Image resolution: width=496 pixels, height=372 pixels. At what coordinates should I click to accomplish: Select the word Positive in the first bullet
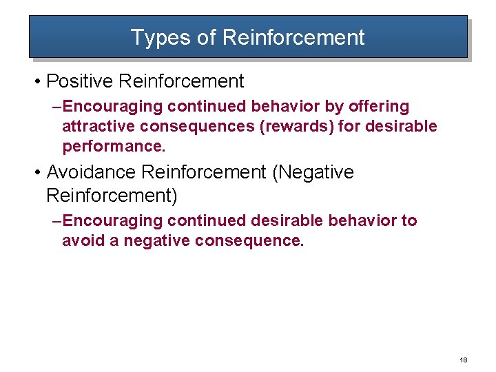coord(79,81)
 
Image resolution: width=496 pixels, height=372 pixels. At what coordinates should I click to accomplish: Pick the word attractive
coord(97,127)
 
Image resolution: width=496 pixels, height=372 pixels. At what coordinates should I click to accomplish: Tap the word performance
coord(114,147)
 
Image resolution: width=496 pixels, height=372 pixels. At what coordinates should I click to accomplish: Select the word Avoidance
coord(91,172)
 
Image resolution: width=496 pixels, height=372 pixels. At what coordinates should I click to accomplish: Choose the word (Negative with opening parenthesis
coord(313,172)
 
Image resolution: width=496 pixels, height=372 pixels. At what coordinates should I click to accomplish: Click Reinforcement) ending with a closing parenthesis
coord(112,196)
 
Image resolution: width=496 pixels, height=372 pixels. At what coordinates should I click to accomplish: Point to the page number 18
coord(463,360)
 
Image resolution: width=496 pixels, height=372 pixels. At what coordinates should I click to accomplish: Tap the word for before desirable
coord(350,127)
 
